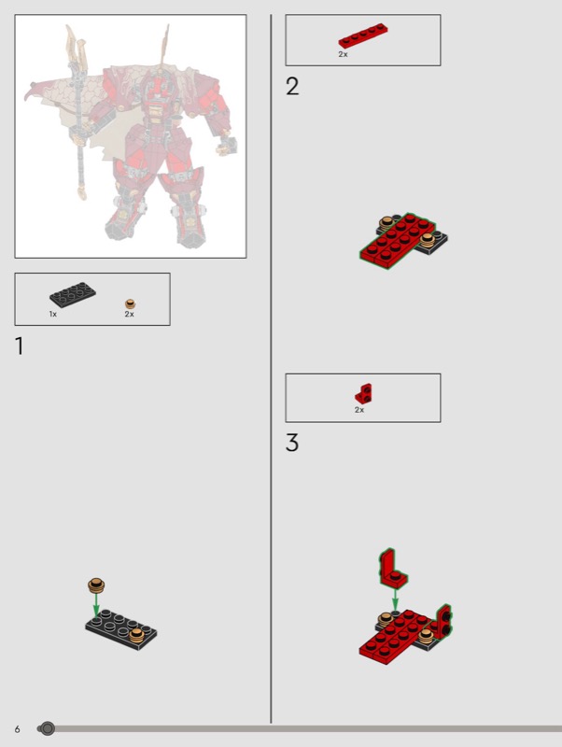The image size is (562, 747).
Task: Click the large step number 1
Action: pos(19,345)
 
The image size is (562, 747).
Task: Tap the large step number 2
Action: pos(292,86)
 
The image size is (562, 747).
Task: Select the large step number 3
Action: pos(292,443)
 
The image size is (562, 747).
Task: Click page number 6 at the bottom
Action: pos(18,729)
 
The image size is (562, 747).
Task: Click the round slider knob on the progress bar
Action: pos(48,728)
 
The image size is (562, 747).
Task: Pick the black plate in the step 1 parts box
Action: pos(73,294)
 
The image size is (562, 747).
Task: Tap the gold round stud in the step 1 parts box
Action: pos(130,303)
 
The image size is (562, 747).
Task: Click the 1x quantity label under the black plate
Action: pos(53,314)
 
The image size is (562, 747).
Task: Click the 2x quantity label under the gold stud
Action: pos(130,314)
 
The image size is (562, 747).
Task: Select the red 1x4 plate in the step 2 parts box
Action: pos(363,35)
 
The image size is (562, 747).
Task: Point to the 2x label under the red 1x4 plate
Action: pos(343,54)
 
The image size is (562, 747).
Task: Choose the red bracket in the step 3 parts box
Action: pos(364,393)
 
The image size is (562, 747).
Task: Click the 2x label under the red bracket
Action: pos(359,410)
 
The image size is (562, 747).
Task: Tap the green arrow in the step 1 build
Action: pos(96,605)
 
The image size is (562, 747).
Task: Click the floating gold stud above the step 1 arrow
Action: pos(96,585)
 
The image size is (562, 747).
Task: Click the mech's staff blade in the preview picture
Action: pos(77,48)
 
